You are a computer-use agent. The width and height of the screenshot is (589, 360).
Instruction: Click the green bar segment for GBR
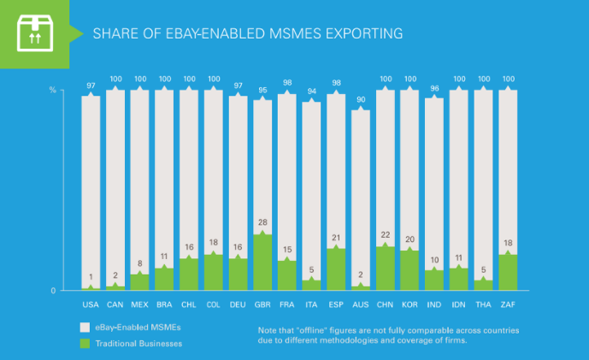point(262,262)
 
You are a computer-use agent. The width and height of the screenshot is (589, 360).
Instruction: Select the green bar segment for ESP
point(336,269)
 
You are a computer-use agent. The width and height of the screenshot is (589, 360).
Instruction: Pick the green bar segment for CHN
point(386,268)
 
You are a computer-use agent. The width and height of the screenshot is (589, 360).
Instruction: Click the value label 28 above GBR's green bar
point(262,222)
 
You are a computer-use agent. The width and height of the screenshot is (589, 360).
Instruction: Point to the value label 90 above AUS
point(361,100)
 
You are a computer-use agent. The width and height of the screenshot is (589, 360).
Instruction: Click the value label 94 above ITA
point(311,91)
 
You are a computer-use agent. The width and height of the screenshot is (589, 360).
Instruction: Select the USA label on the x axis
point(91,304)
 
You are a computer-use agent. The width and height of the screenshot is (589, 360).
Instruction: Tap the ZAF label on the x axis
point(508,304)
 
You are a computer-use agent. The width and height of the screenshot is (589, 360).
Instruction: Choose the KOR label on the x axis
point(409,304)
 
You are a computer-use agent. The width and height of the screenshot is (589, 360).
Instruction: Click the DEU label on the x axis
point(238,304)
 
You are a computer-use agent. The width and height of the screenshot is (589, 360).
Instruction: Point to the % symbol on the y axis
point(53,90)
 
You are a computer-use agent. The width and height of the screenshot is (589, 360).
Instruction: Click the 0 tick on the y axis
point(53,291)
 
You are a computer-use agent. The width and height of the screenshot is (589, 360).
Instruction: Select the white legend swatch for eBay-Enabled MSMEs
point(85,328)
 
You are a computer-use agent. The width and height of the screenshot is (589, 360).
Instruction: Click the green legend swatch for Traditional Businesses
point(85,344)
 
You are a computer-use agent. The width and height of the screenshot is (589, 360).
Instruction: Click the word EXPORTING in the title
point(359,34)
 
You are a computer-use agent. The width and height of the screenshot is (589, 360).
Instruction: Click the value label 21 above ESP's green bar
point(336,237)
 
